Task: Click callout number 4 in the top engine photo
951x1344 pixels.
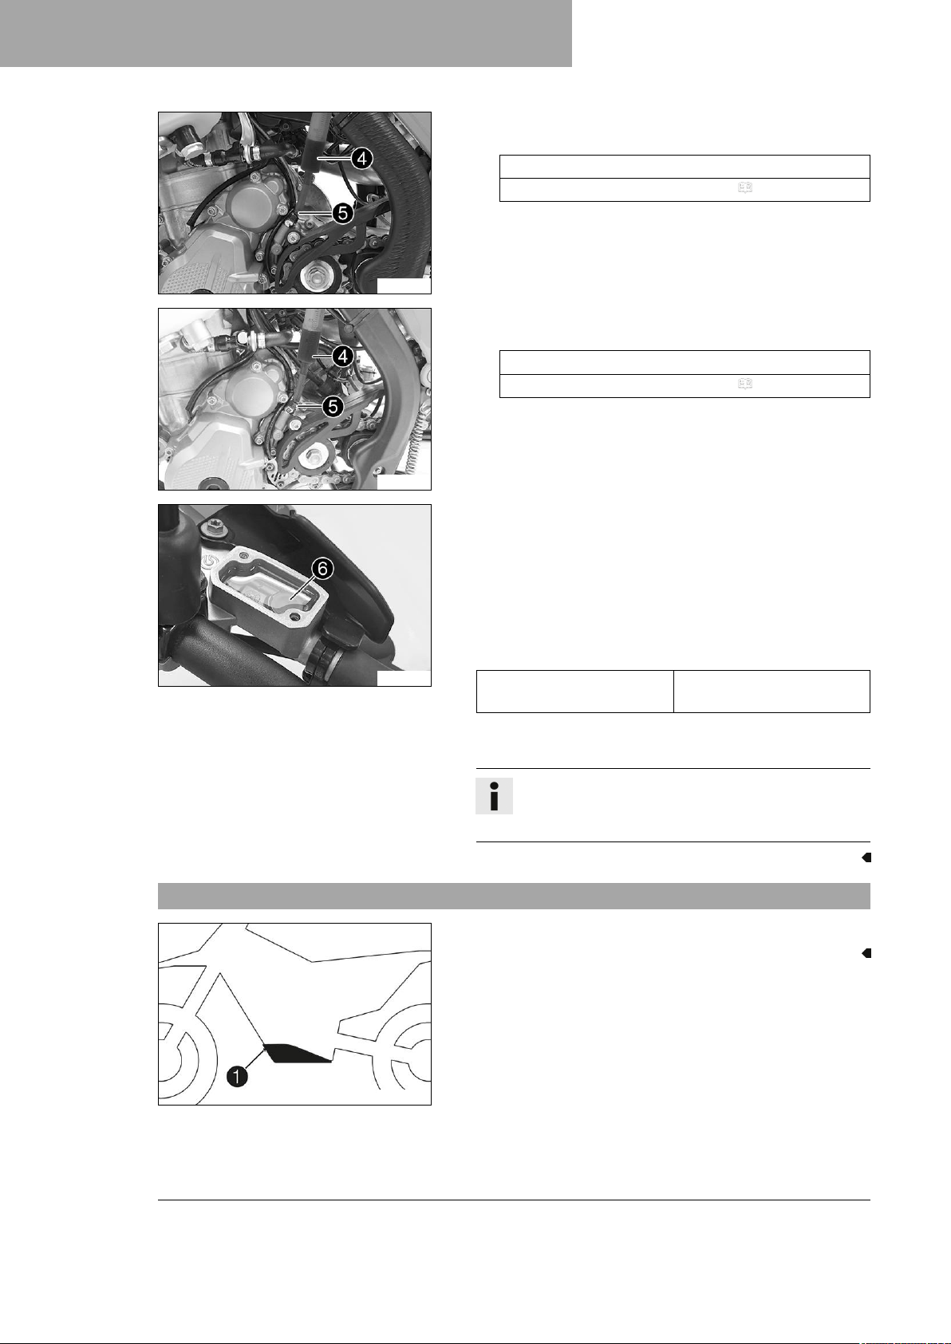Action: (361, 159)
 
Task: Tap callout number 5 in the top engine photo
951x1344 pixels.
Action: (342, 213)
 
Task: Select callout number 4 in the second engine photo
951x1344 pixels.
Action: (343, 357)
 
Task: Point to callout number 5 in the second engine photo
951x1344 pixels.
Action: (333, 408)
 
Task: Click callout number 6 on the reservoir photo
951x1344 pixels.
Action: (323, 569)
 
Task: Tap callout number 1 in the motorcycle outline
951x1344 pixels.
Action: (238, 1077)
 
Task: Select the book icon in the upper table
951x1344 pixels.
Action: (744, 187)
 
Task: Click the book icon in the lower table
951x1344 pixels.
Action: (744, 384)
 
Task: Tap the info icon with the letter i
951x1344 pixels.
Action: (494, 796)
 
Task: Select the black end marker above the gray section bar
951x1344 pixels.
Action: (866, 857)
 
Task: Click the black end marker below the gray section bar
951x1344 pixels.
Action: (866, 953)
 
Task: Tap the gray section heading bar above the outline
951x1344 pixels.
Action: (514, 896)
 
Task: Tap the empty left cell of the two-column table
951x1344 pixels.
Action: (574, 692)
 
